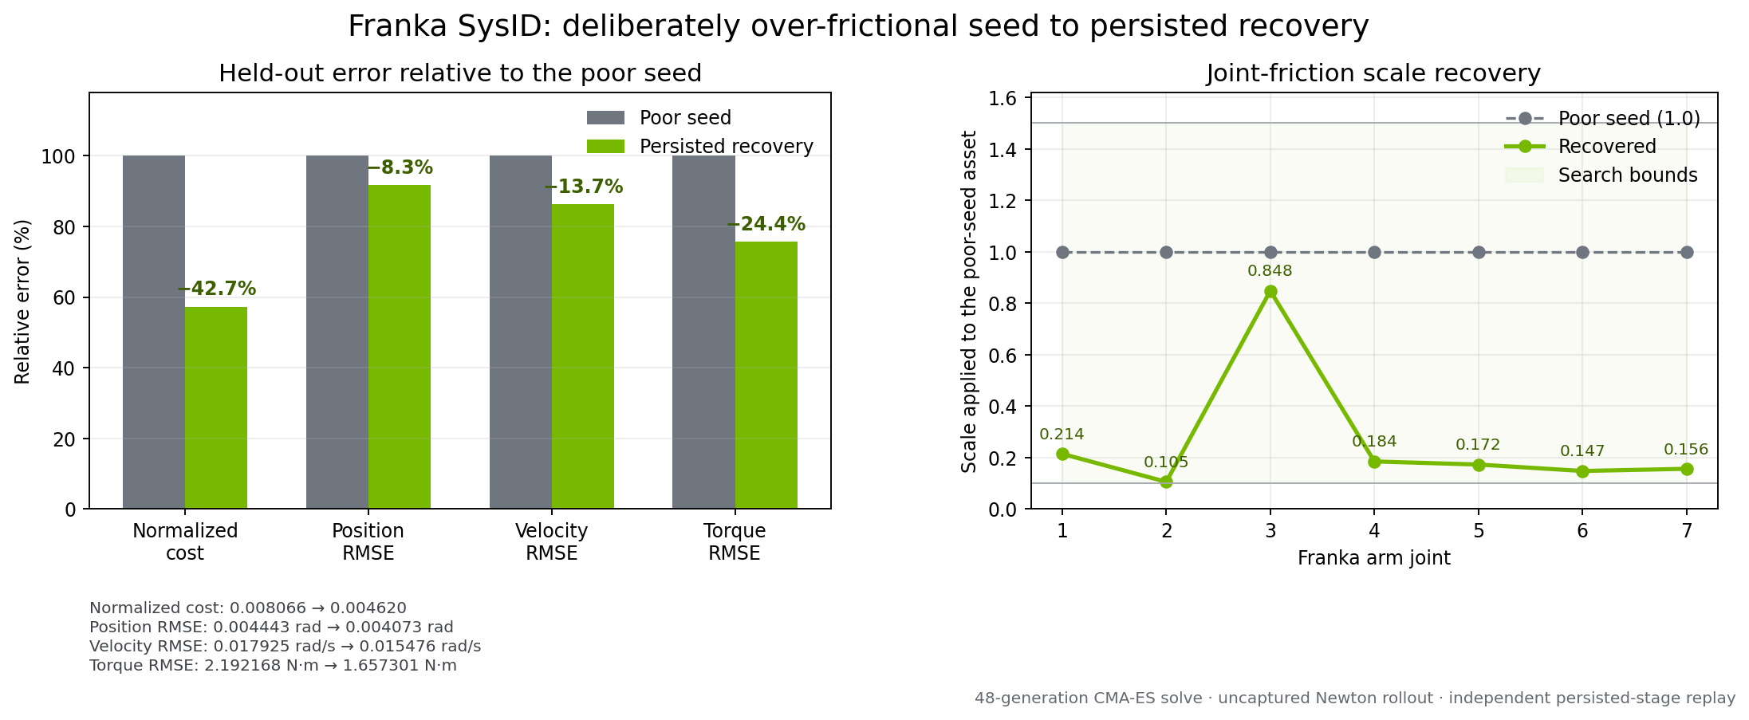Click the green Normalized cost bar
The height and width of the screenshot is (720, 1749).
[216, 407]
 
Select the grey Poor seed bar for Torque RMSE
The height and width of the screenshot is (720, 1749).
[703, 332]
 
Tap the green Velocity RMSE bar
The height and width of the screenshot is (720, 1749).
[583, 356]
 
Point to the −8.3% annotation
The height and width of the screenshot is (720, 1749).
[400, 168]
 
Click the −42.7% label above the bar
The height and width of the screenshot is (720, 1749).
[217, 289]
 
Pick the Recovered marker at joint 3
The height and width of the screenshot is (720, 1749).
[1270, 292]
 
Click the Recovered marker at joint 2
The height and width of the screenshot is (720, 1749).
[1166, 482]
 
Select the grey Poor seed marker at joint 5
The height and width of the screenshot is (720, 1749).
[1479, 252]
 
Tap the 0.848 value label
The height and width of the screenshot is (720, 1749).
[1270, 271]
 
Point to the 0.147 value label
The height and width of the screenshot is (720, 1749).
[1582, 451]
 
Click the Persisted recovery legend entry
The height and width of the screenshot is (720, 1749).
[700, 147]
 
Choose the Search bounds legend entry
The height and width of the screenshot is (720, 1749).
[1601, 175]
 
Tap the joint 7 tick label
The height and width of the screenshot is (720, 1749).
[1687, 530]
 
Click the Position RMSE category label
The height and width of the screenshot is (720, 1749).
[368, 542]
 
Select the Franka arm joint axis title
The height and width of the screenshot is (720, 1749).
[1374, 558]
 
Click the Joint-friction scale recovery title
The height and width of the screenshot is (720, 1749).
[1373, 73]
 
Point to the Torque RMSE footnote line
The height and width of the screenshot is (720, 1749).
[274, 666]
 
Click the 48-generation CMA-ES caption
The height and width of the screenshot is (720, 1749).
[1355, 698]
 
